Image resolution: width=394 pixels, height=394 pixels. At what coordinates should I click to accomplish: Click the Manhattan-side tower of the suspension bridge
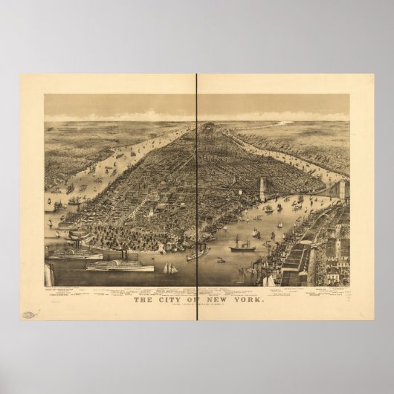pyautogui.click(x=262, y=189)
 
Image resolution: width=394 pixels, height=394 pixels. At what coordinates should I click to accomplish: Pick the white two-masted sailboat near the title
pyautogui.click(x=170, y=268)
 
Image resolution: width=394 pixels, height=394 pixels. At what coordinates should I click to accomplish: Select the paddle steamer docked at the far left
pyautogui.click(x=74, y=253)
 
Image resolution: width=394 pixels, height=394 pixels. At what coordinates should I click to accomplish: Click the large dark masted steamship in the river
pyautogui.click(x=242, y=247)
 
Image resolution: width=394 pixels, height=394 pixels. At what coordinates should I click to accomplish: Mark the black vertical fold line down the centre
pyautogui.click(x=197, y=186)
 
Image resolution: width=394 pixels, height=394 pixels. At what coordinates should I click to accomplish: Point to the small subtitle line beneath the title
pyautogui.click(x=196, y=306)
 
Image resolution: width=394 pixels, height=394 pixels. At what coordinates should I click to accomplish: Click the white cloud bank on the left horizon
pyautogui.click(x=141, y=117)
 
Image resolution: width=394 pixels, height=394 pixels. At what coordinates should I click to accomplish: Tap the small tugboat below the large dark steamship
pyautogui.click(x=221, y=260)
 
